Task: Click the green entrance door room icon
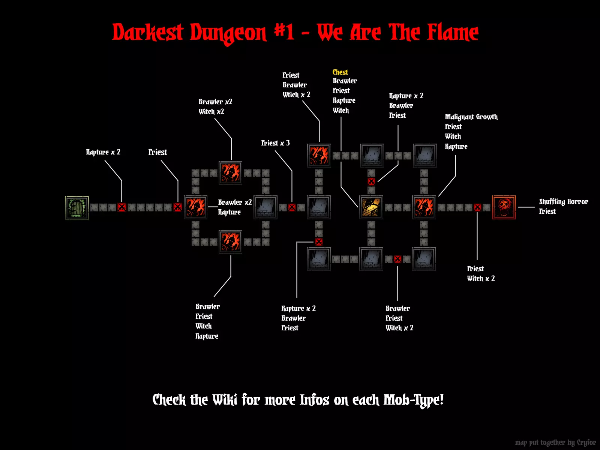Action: click(x=77, y=208)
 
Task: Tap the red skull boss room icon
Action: click(x=504, y=207)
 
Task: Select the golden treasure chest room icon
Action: click(x=371, y=207)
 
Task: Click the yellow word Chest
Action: click(x=340, y=72)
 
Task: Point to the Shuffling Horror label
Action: click(x=563, y=202)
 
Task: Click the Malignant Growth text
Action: click(x=471, y=117)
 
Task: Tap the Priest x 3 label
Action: click(x=275, y=143)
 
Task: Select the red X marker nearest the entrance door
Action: click(x=121, y=207)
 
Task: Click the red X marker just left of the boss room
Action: click(x=477, y=208)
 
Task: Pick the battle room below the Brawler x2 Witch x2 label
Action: click(x=230, y=172)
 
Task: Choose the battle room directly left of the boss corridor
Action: click(x=424, y=207)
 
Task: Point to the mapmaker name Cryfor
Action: click(x=586, y=442)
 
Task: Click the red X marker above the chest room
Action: click(x=371, y=181)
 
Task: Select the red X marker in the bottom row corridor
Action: click(x=397, y=259)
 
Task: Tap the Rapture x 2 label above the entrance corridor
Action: click(x=103, y=152)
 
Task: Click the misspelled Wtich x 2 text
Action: click(x=296, y=94)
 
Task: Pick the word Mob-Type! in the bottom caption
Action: click(x=413, y=400)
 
